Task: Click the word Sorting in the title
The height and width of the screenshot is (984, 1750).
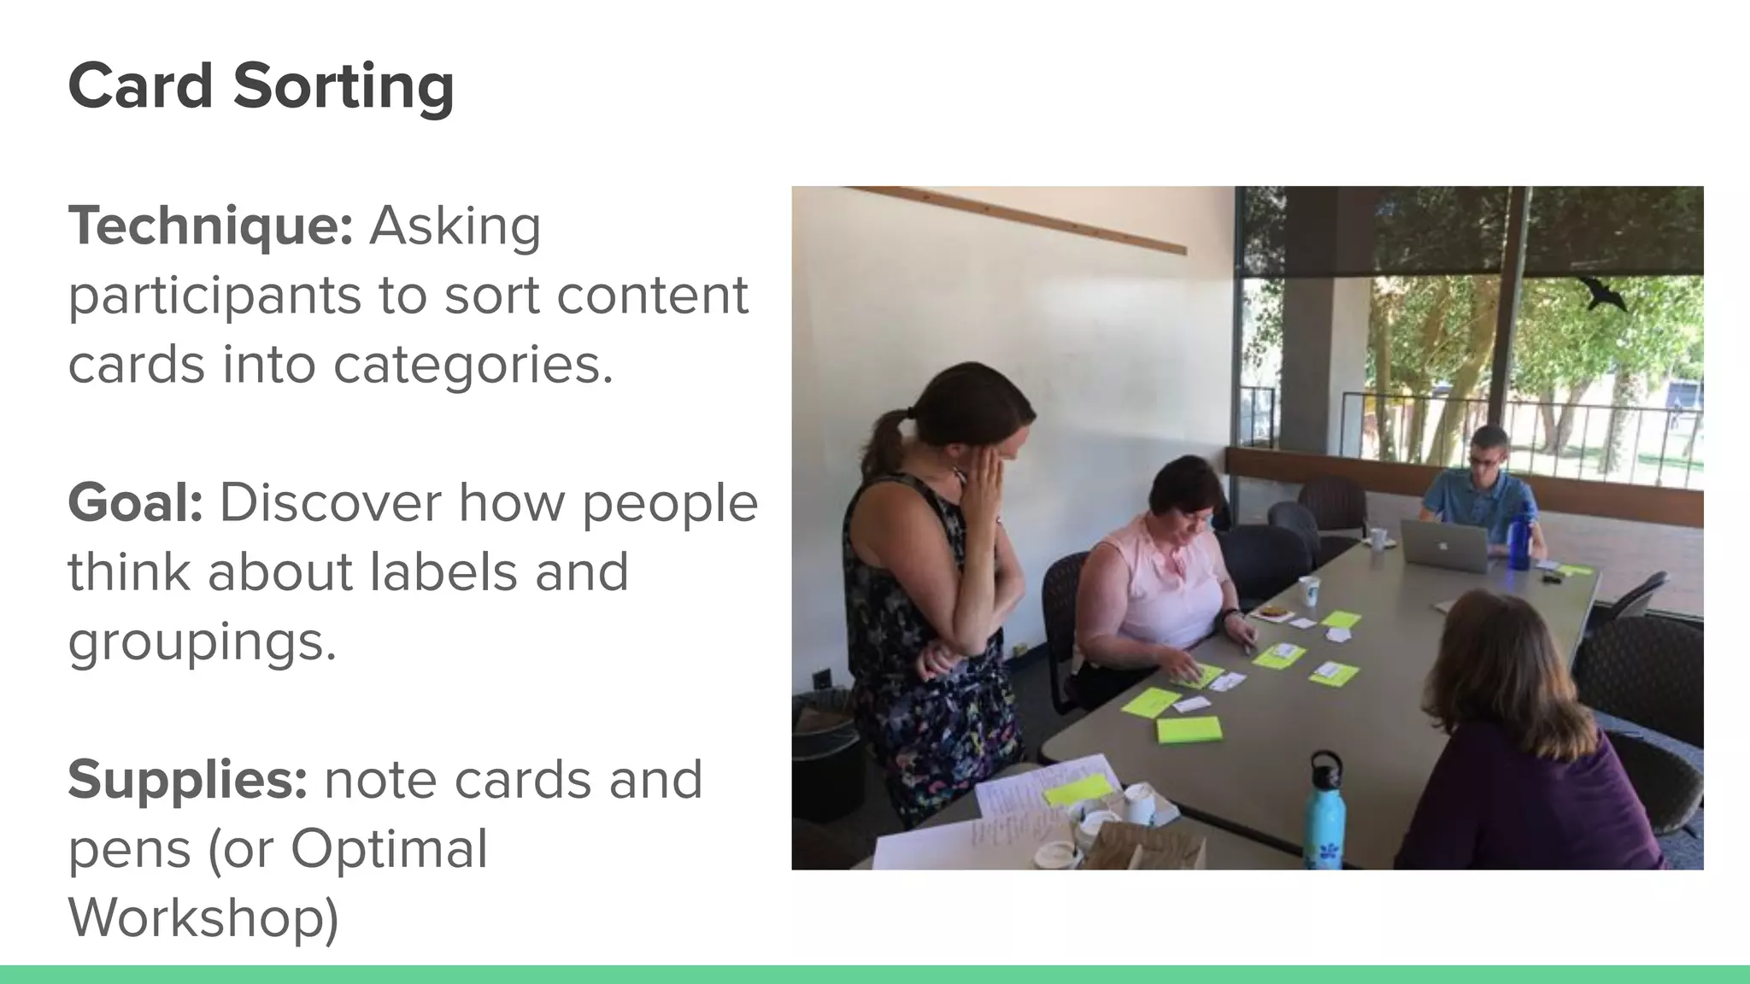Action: click(x=344, y=87)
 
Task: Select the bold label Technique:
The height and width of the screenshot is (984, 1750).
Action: click(x=210, y=227)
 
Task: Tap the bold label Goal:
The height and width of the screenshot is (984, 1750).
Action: click(x=135, y=503)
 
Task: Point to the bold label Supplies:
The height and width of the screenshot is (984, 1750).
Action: click(x=187, y=780)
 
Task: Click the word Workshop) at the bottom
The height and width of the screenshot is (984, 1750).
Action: click(x=203, y=918)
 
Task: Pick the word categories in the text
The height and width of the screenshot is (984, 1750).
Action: click(x=473, y=366)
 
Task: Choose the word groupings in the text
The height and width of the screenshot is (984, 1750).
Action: click(x=202, y=642)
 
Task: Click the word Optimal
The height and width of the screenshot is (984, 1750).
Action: click(x=389, y=849)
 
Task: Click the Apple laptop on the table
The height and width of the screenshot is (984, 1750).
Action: click(x=1445, y=546)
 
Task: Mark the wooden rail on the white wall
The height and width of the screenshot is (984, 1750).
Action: click(x=1017, y=219)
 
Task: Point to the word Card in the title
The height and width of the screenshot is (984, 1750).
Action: click(x=140, y=87)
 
